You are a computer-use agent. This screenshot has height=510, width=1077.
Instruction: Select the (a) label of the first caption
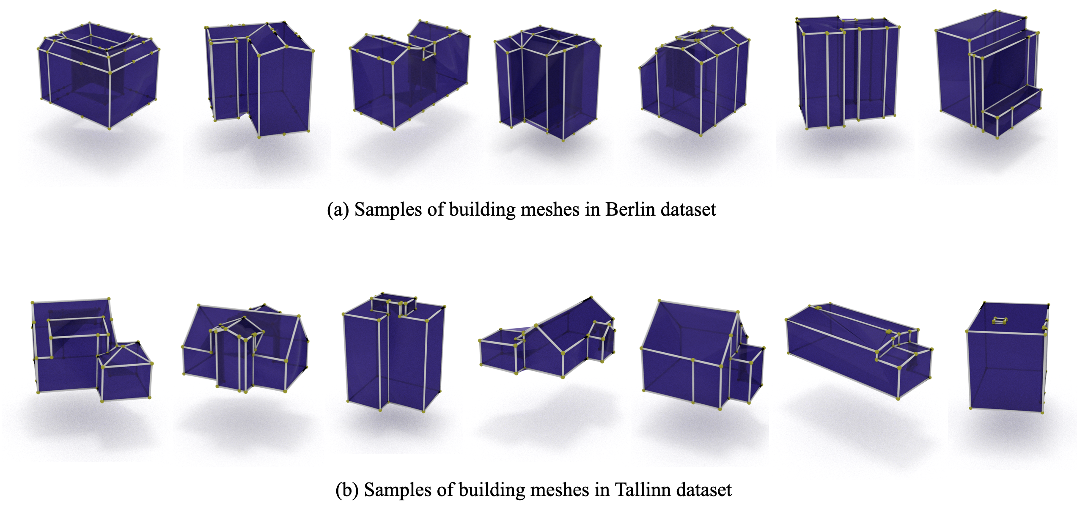tap(338, 210)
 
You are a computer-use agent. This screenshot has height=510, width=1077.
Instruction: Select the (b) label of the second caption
tap(347, 490)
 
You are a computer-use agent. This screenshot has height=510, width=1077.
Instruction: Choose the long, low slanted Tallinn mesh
tap(859, 351)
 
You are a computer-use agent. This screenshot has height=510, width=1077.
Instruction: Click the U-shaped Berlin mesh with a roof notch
tap(409, 75)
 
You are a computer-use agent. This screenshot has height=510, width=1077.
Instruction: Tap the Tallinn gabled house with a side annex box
tap(703, 354)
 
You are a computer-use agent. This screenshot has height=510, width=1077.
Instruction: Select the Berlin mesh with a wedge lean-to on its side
tap(694, 80)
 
